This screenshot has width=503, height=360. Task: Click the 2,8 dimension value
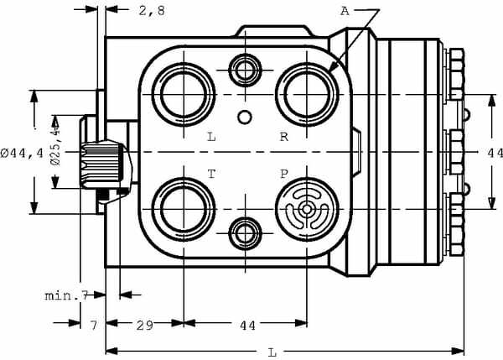(152, 11)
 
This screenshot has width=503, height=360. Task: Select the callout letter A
(345, 11)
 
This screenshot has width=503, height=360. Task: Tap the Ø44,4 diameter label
(22, 154)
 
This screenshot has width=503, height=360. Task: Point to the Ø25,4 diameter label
(55, 147)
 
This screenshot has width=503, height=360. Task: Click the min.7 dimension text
(66, 295)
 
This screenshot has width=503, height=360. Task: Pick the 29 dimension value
(145, 326)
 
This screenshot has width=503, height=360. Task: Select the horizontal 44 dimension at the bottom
(247, 326)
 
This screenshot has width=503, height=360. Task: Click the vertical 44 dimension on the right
(495, 154)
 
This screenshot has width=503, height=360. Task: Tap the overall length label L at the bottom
(272, 353)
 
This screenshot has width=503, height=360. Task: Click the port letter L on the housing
(211, 137)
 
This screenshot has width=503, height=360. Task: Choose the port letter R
(284, 137)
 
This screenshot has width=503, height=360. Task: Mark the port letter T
(211, 174)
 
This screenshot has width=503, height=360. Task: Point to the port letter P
(284, 174)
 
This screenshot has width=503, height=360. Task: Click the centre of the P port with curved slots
(307, 210)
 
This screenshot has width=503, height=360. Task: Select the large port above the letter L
(184, 95)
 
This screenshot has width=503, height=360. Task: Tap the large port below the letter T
(184, 210)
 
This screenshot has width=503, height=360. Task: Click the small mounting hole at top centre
(245, 70)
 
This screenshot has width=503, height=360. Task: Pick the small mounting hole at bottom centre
(245, 232)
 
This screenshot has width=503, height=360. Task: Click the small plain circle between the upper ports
(245, 117)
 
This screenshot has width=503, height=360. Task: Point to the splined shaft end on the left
(102, 165)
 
